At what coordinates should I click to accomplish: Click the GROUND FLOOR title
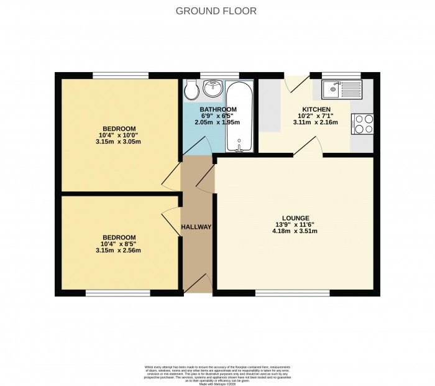pyautogui.click(x=216, y=11)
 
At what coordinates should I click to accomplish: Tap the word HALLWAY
pyautogui.click(x=196, y=227)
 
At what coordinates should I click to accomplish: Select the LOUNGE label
pyautogui.click(x=295, y=218)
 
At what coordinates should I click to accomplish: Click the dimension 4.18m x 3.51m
pyautogui.click(x=295, y=231)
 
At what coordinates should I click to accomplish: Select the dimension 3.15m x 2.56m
pyautogui.click(x=119, y=250)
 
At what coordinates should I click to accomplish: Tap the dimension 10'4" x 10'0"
pyautogui.click(x=119, y=134)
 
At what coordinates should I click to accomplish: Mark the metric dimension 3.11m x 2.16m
pyautogui.click(x=315, y=122)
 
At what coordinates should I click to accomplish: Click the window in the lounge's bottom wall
pyautogui.click(x=292, y=292)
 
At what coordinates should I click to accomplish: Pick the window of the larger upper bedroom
pyautogui.click(x=121, y=75)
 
